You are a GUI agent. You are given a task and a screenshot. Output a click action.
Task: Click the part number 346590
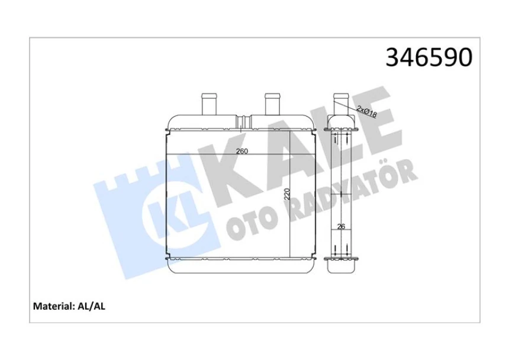[x=429, y=57]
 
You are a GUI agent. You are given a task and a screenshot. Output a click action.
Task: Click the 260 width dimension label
[x=241, y=150]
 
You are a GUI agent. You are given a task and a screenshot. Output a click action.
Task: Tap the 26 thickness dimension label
[x=340, y=226]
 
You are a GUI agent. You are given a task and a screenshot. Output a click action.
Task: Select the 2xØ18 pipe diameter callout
[x=367, y=111]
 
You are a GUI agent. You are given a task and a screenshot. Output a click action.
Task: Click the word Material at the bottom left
[x=52, y=307]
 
